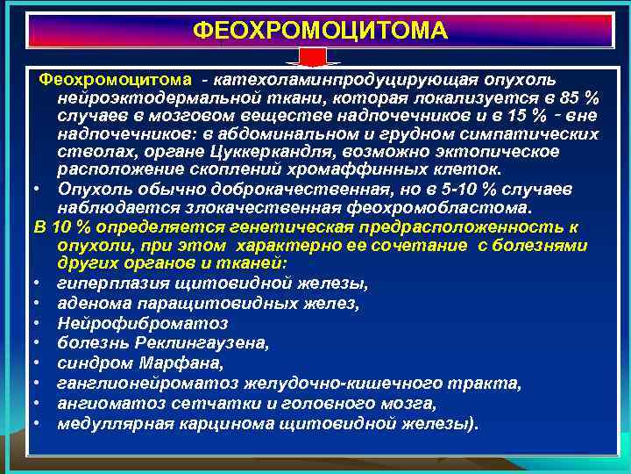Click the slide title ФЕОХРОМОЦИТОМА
[x=319, y=31]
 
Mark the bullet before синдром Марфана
[x=40, y=363]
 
